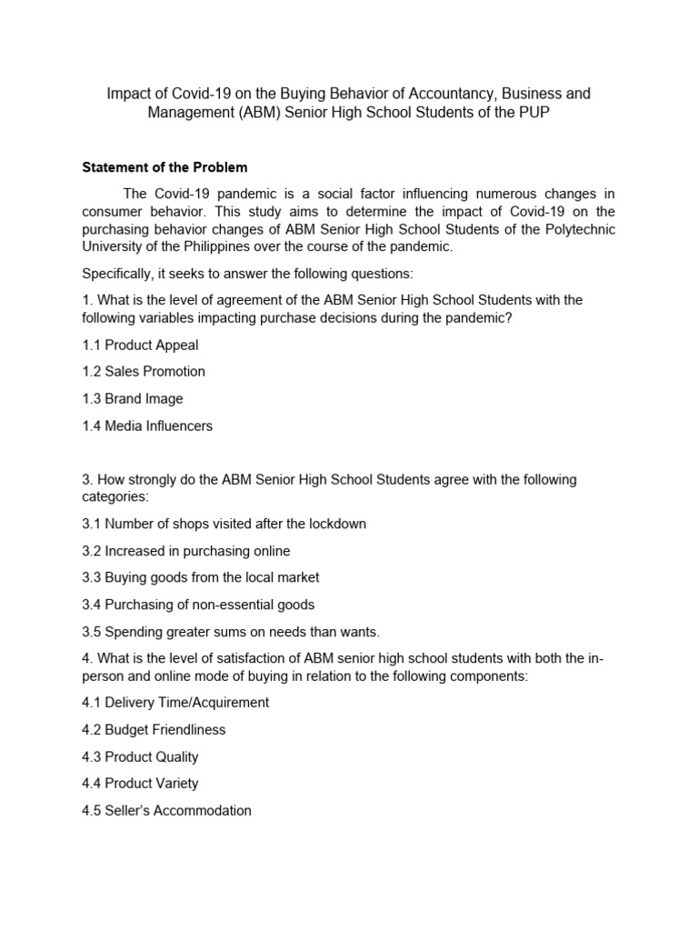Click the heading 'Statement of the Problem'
point(165,167)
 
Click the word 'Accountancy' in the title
point(444,94)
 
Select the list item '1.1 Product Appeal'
point(140,345)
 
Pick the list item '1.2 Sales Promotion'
point(144,371)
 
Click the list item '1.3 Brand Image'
point(133,398)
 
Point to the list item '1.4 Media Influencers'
point(147,425)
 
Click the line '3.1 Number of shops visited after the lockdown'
point(224,524)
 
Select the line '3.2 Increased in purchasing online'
point(186,551)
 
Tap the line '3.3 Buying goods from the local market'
point(201,577)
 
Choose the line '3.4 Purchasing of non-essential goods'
point(198,605)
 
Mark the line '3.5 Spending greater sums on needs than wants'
point(231,632)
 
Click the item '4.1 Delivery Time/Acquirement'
point(175,702)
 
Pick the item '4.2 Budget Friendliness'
point(154,729)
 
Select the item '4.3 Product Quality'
point(140,756)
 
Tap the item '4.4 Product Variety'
point(140,783)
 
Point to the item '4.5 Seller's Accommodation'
point(166,810)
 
